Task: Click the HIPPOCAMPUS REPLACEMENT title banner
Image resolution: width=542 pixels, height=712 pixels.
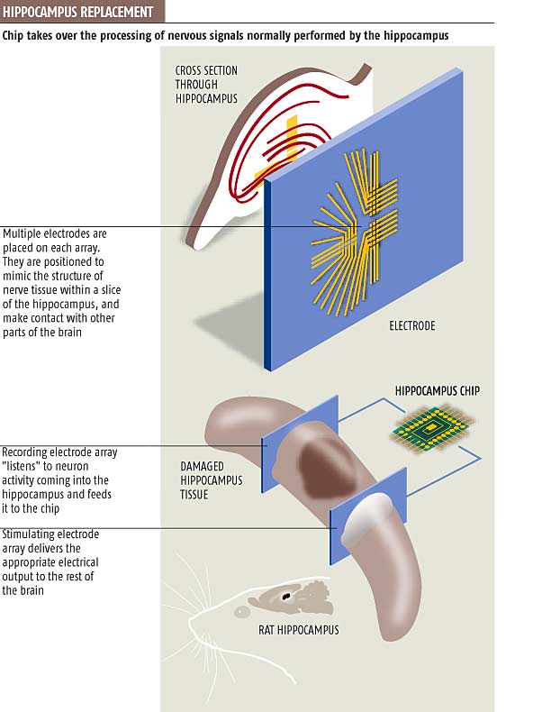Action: pyautogui.click(x=82, y=11)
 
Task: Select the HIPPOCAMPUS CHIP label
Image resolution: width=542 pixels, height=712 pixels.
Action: pyautogui.click(x=438, y=391)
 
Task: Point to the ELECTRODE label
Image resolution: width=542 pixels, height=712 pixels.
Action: pyautogui.click(x=411, y=325)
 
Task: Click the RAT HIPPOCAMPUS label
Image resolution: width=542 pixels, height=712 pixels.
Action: pyautogui.click(x=298, y=630)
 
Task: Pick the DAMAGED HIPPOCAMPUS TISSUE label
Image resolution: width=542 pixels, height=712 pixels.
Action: pyautogui.click(x=212, y=480)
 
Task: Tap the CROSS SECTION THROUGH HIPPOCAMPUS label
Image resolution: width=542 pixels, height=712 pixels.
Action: pyautogui.click(x=206, y=85)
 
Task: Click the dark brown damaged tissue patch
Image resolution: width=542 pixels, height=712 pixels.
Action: pyautogui.click(x=328, y=468)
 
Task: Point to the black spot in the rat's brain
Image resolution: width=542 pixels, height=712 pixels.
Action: pyautogui.click(x=286, y=596)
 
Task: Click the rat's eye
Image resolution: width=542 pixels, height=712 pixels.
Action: pyautogui.click(x=241, y=612)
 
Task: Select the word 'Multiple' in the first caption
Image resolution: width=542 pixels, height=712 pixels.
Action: pyautogui.click(x=23, y=233)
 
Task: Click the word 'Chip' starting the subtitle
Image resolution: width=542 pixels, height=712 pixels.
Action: pyautogui.click(x=13, y=36)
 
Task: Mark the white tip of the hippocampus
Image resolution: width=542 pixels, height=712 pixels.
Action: pyautogui.click(x=366, y=517)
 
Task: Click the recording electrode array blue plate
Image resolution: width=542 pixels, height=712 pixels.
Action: pyautogui.click(x=300, y=444)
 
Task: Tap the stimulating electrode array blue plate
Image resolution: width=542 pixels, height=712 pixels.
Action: pyautogui.click(x=368, y=516)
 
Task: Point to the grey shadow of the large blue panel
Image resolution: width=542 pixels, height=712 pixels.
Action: pyautogui.click(x=231, y=328)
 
